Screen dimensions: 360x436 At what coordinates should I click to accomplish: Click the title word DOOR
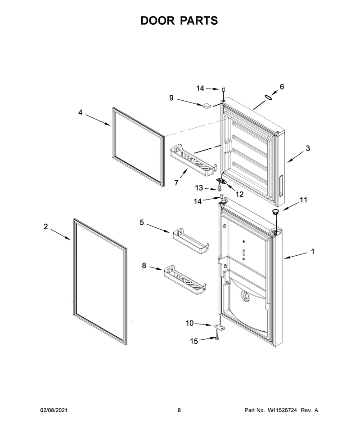click(x=157, y=21)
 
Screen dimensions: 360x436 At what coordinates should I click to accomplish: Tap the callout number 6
click(x=282, y=87)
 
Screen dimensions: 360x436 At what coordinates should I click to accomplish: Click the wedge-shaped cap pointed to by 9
click(x=206, y=105)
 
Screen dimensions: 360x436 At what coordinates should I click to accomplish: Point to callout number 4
click(x=80, y=113)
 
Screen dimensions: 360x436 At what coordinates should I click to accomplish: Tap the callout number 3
click(x=308, y=148)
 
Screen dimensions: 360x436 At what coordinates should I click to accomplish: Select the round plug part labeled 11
click(x=275, y=212)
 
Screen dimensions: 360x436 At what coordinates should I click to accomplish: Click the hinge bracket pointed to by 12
click(x=222, y=181)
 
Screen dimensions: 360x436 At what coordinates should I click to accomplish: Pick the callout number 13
click(x=199, y=188)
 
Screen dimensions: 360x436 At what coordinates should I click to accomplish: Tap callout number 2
click(x=45, y=227)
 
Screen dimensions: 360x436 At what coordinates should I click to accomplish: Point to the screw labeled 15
click(x=217, y=337)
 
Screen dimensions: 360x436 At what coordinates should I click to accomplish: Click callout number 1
click(x=313, y=252)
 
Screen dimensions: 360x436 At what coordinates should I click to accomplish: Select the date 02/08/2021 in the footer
click(x=54, y=410)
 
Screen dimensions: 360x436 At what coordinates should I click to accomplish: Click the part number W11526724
click(x=282, y=410)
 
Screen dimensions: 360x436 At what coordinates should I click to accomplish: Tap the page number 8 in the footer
click(x=179, y=410)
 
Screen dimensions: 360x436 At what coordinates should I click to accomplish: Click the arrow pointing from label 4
click(x=98, y=120)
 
